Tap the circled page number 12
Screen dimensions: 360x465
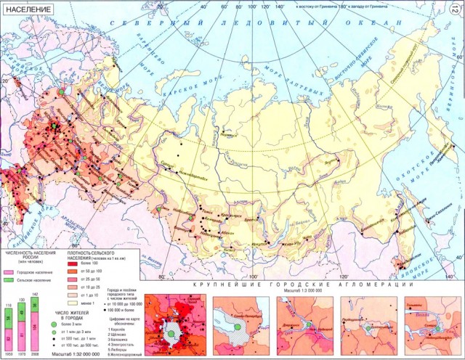[x=455, y=8]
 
